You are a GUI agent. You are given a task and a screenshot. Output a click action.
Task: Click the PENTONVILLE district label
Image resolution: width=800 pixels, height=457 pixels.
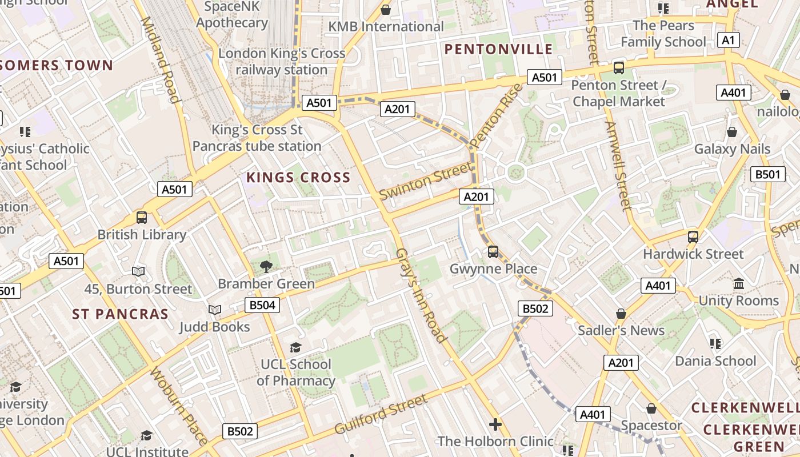click(499, 49)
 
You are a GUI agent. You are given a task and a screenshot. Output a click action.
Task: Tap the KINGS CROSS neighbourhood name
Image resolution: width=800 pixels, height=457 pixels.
click(298, 178)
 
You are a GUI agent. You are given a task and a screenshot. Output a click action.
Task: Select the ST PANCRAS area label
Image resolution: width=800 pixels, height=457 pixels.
click(121, 314)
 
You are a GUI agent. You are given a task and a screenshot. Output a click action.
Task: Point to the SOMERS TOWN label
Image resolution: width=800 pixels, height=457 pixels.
click(57, 65)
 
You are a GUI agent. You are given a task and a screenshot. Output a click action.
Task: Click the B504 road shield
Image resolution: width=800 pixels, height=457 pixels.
click(262, 305)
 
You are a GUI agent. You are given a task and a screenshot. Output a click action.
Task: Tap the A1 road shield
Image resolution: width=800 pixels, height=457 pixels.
click(728, 40)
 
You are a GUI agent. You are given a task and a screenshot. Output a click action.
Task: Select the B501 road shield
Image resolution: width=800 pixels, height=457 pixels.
click(767, 174)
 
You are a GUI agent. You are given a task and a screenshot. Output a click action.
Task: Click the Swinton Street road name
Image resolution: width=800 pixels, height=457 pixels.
click(426, 181)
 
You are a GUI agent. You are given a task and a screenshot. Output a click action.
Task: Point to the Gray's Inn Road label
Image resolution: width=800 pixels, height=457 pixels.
click(421, 295)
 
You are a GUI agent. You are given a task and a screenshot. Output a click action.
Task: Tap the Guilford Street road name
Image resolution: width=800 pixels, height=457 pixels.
click(381, 414)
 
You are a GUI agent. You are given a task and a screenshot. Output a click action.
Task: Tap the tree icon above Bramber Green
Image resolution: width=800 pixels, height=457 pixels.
click(266, 266)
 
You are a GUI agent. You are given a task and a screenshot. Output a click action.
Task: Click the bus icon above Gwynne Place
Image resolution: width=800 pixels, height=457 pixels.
click(493, 251)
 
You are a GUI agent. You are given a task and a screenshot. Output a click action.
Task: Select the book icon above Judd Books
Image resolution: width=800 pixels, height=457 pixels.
click(215, 310)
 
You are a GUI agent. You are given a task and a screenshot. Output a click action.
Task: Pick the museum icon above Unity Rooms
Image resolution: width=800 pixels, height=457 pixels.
click(738, 284)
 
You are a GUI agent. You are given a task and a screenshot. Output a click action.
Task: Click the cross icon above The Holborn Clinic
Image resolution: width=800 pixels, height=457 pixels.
click(495, 424)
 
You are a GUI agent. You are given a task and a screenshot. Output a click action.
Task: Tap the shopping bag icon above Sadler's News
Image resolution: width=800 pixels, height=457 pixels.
click(621, 314)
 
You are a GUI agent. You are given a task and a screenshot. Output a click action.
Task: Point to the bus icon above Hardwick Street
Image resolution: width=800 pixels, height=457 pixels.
click(693, 236)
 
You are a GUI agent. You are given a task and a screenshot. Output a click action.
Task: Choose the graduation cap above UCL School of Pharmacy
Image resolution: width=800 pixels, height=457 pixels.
click(295, 347)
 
